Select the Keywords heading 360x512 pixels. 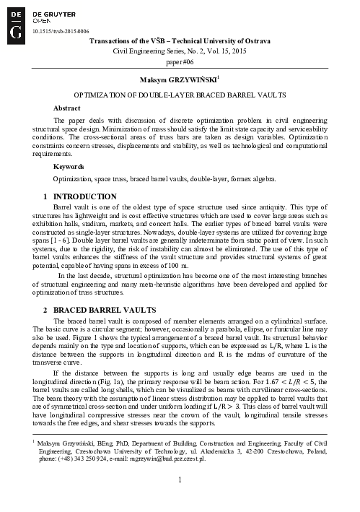coord(69,166)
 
